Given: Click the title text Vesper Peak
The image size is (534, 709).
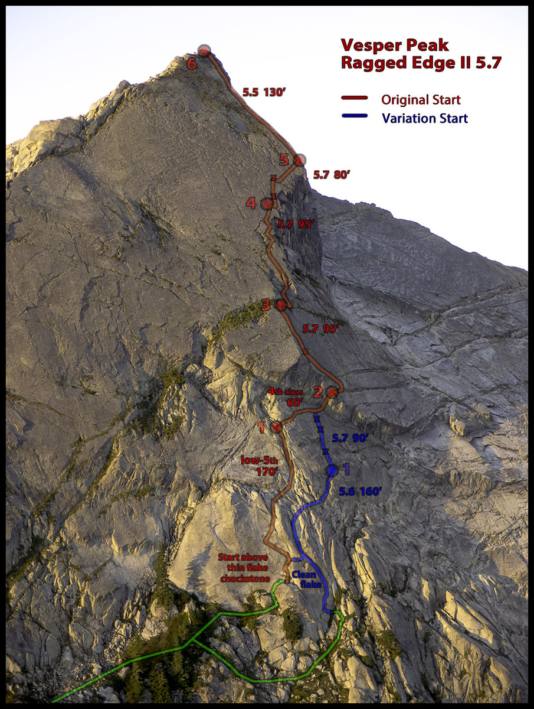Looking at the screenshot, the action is click(x=395, y=45).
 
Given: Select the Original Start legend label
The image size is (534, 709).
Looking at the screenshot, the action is click(x=421, y=99).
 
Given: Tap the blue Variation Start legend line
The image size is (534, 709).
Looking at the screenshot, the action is click(x=355, y=116).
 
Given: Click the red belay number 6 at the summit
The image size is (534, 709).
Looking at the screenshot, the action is click(x=191, y=63).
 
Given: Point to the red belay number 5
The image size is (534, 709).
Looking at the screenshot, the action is click(x=284, y=160).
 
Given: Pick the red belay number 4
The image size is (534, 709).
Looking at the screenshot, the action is click(x=251, y=203).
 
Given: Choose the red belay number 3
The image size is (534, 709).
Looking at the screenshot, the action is click(x=266, y=305).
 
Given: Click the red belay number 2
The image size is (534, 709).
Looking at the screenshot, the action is click(x=317, y=391).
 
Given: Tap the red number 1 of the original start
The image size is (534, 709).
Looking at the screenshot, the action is click(x=262, y=428).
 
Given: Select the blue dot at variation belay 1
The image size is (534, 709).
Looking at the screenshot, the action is click(x=331, y=470).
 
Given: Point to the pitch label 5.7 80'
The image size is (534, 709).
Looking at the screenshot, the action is click(x=332, y=175).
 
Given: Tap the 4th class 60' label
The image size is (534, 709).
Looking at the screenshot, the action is click(x=286, y=396).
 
